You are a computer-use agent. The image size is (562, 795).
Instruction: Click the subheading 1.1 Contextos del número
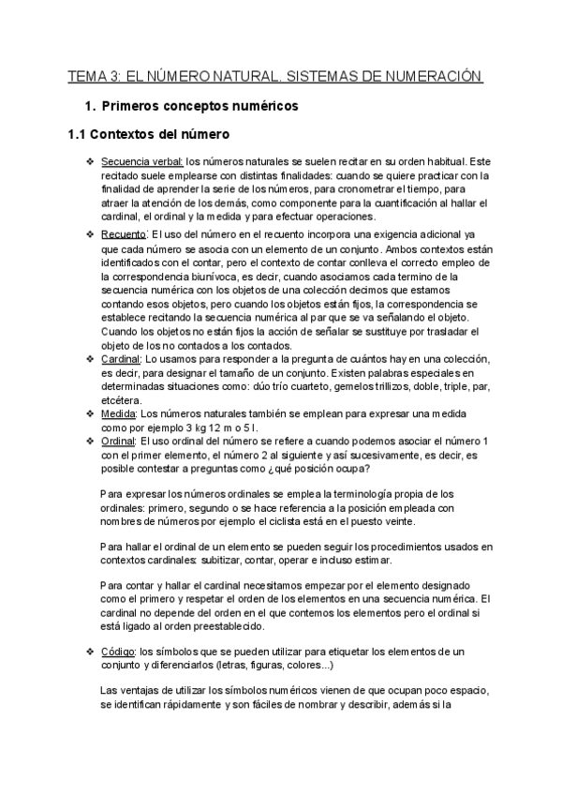click(148, 135)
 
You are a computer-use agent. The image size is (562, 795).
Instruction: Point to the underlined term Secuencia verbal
click(142, 162)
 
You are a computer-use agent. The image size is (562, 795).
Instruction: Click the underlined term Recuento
click(123, 233)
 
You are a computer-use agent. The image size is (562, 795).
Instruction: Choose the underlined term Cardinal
click(121, 359)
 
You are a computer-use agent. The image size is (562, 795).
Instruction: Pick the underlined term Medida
click(119, 413)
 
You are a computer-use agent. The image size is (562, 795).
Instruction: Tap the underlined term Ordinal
click(119, 441)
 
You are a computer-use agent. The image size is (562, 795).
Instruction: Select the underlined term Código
click(117, 651)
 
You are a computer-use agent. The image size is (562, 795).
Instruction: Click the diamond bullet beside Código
click(88, 651)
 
